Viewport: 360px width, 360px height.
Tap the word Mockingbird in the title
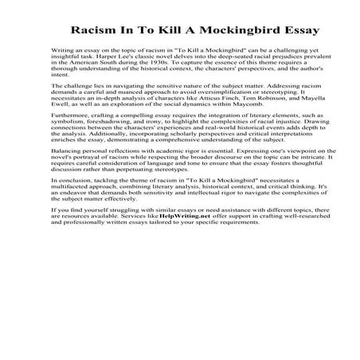coord(231,31)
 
